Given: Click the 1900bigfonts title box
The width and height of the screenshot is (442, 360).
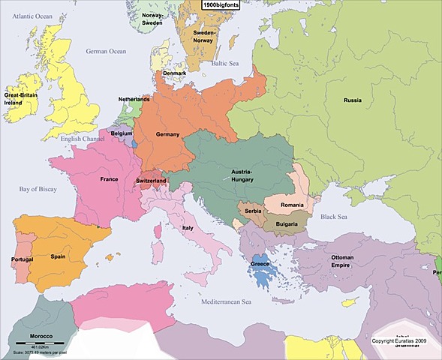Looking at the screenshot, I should (x=221, y=4).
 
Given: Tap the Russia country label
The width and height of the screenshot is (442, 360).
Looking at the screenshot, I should (x=353, y=100).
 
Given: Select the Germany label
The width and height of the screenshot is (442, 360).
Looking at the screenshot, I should (x=168, y=134).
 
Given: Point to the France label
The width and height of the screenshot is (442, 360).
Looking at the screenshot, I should (x=110, y=180).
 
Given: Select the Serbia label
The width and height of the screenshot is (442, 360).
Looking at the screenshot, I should (x=252, y=212).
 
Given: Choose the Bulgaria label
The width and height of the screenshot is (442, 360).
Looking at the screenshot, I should (x=288, y=224).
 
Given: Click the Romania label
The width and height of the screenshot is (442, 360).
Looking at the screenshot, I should (x=292, y=205).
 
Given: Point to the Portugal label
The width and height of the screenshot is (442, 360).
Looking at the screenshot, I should (x=23, y=259).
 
